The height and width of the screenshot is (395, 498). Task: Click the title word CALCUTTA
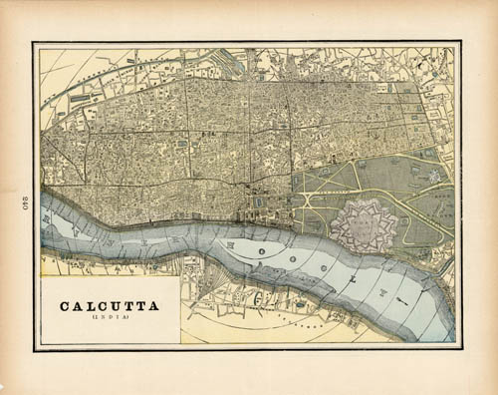click(110, 306)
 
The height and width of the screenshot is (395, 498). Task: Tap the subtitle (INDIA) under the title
click(110, 318)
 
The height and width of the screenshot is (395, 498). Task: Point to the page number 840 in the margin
click(19, 197)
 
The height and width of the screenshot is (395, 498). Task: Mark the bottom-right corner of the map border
click(460, 348)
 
